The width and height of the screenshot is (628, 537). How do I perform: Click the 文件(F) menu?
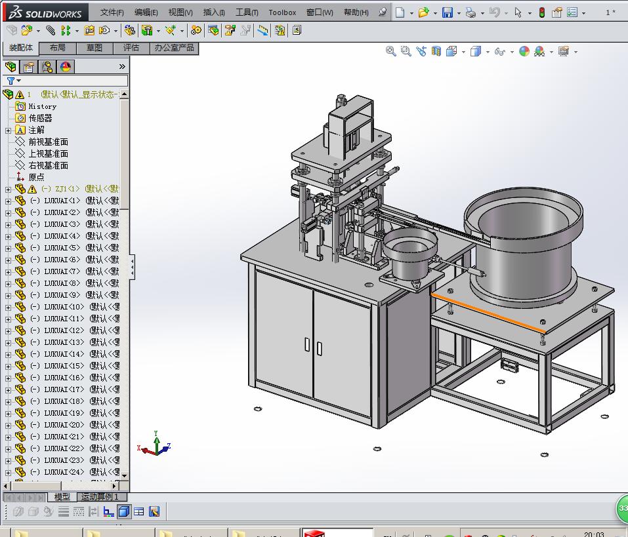(x=112, y=12)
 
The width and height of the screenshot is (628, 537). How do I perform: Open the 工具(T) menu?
(x=246, y=12)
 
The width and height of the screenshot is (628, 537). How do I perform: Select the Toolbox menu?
(x=282, y=12)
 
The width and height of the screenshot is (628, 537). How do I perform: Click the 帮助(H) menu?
(x=356, y=12)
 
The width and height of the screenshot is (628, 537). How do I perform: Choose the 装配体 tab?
(x=20, y=48)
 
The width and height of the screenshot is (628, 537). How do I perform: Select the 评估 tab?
(x=131, y=48)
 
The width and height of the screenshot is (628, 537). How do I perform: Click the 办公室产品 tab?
(x=174, y=48)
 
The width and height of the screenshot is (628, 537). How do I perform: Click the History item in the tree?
(x=42, y=106)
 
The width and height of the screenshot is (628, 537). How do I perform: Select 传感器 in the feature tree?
(x=40, y=118)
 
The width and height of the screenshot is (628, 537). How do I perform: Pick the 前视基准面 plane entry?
(x=48, y=142)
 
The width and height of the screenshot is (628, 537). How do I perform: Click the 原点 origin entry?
(x=36, y=177)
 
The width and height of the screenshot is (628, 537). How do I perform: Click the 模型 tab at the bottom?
(x=62, y=497)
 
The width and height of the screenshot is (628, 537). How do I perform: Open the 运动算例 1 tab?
(x=100, y=497)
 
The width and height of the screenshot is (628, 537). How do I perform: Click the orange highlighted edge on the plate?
(x=486, y=309)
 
